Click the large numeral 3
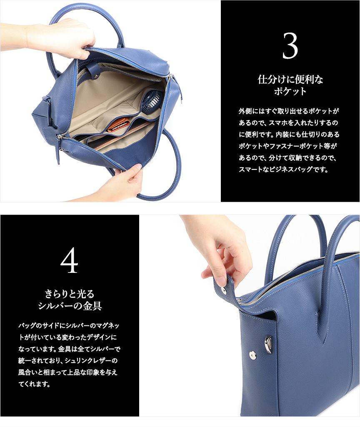tap(290, 46)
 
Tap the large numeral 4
tap(69, 260)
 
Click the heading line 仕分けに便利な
tap(290, 80)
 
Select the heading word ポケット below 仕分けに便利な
tap(290, 91)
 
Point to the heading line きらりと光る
tap(70, 294)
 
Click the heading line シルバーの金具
tap(70, 306)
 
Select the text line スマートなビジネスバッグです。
tap(283, 170)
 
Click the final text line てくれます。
tap(34, 384)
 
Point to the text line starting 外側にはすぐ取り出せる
tap(289, 111)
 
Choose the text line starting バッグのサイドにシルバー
tap(69, 325)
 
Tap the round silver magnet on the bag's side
tap(252, 354)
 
